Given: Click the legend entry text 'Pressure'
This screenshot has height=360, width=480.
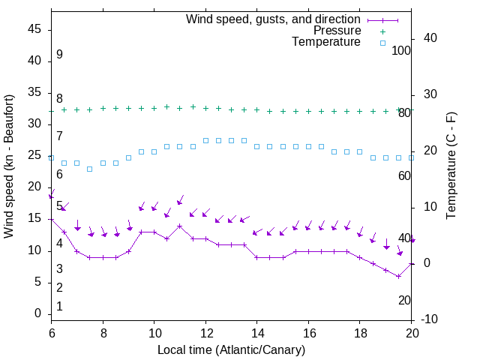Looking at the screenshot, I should point(337,31).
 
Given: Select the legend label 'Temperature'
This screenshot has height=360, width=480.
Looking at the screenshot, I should point(326,42).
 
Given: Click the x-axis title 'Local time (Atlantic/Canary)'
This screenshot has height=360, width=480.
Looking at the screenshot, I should point(232,349).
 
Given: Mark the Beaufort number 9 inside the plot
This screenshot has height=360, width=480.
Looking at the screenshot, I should point(59,55).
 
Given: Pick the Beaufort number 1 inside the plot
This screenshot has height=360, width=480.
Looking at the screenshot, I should point(59,307).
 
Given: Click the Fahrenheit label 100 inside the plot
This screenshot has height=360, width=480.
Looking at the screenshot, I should point(401,50).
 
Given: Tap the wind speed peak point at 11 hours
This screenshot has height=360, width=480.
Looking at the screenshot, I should point(180,226).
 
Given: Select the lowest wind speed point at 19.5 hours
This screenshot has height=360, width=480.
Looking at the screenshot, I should point(399,276).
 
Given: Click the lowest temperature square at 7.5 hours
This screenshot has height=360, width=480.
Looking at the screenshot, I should point(90,169).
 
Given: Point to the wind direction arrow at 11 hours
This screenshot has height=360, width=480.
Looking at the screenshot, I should point(180,200).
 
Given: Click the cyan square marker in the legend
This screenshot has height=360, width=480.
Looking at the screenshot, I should point(382,43).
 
